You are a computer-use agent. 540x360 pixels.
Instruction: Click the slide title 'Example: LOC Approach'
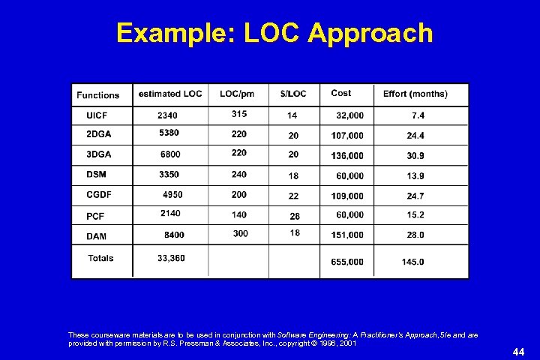point(274,34)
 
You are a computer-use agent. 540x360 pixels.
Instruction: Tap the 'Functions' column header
point(97,95)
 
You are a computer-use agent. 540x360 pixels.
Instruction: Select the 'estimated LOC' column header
point(170,94)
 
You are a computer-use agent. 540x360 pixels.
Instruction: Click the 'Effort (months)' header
point(415,94)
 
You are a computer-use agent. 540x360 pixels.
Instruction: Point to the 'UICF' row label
point(86,115)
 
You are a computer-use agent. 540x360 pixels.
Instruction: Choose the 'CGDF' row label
point(89,195)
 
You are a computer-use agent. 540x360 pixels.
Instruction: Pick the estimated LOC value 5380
point(169,133)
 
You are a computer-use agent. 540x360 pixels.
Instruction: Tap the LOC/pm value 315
point(239,114)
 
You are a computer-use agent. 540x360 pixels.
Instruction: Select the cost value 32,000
point(350,115)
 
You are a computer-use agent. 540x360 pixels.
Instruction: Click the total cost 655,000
point(347,262)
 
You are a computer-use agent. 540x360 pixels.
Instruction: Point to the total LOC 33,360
point(171,258)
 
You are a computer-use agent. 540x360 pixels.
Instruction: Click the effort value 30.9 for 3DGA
point(415,155)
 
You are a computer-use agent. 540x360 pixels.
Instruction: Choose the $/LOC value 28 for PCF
point(294,216)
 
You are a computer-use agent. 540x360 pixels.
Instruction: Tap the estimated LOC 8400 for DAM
point(174,235)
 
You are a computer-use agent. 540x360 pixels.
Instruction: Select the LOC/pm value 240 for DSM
point(239,174)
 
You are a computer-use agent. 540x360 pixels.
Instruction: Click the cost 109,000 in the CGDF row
point(347,196)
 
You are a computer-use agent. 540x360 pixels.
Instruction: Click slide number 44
point(517,351)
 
